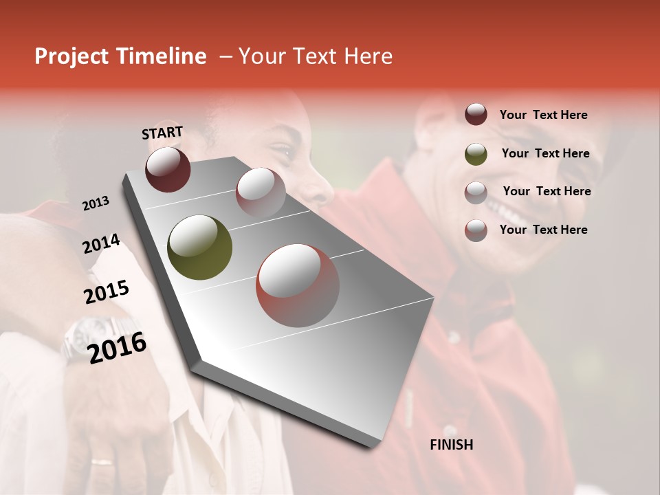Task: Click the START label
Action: pyautogui.click(x=162, y=133)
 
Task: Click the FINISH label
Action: pyautogui.click(x=452, y=445)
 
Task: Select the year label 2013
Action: pyautogui.click(x=96, y=203)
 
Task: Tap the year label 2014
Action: pyautogui.click(x=101, y=244)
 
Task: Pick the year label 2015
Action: pyautogui.click(x=106, y=292)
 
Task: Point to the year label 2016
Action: pyautogui.click(x=117, y=347)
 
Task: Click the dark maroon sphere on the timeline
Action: pyautogui.click(x=168, y=169)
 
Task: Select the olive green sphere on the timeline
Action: pyautogui.click(x=200, y=247)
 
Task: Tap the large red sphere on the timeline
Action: pyautogui.click(x=298, y=286)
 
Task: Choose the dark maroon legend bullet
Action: pyautogui.click(x=476, y=115)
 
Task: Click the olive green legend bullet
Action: pyautogui.click(x=476, y=153)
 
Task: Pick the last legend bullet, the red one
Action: pyautogui.click(x=476, y=230)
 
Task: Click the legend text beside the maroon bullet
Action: pyautogui.click(x=543, y=115)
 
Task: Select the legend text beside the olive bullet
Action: pyautogui.click(x=545, y=153)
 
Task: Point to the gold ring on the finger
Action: pyautogui.click(x=103, y=461)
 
